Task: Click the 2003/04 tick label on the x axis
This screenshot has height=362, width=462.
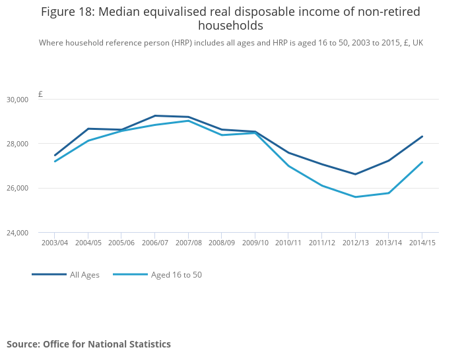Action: coord(55,243)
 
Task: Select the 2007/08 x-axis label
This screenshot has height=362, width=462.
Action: coord(188,243)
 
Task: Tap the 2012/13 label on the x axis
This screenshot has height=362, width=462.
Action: coord(355,243)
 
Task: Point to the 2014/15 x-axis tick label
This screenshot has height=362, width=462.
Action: coord(422,243)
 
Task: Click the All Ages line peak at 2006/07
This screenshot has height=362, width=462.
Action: coord(154,115)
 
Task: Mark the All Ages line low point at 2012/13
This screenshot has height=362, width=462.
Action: coord(355,174)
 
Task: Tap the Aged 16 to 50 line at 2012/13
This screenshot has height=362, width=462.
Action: coord(355,196)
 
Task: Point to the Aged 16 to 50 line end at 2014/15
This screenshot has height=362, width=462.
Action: coord(422,162)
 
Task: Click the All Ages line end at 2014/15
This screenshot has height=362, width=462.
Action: coord(422,136)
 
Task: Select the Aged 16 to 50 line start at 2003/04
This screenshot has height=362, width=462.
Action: coord(55,161)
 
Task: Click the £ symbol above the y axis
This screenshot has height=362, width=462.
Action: coord(40,94)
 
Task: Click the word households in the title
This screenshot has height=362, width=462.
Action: coord(230,26)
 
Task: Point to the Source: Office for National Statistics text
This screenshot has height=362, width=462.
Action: coord(88,344)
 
